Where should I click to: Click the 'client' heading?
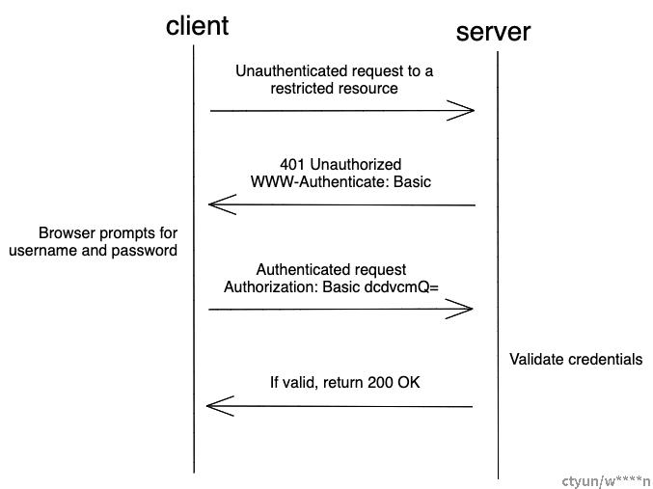197,26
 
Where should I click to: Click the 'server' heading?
493,32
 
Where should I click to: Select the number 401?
293,164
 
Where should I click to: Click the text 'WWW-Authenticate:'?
319,182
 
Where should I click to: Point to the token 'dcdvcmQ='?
401,287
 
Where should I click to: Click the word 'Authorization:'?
271,287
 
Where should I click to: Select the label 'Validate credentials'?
576,359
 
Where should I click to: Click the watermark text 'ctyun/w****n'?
606,482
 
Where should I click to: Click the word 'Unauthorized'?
356,164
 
